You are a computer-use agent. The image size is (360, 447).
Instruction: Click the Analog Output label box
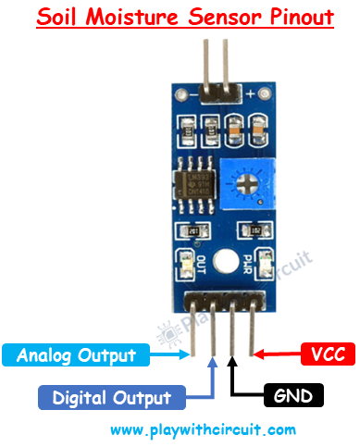83,354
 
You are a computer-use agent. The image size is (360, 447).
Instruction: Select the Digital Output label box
110,398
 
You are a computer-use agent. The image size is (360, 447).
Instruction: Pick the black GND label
292,396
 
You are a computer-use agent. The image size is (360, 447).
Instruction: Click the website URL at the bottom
203,429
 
